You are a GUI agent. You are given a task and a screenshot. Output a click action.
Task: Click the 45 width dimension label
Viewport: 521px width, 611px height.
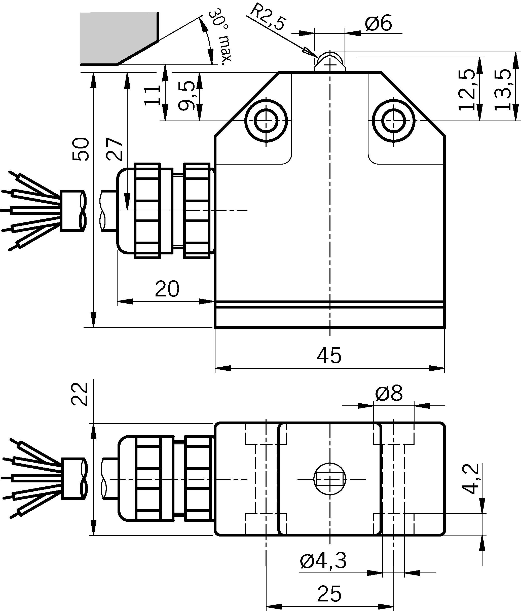coord(329,355)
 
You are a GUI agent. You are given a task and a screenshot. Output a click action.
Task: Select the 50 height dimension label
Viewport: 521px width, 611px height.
coord(81,149)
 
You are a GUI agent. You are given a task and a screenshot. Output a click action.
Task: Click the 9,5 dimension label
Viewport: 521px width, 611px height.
coord(187,96)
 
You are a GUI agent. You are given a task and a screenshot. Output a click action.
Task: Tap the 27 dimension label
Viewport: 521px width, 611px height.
coord(115,149)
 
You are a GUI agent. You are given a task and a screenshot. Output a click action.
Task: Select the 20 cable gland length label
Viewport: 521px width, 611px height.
coord(167,289)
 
